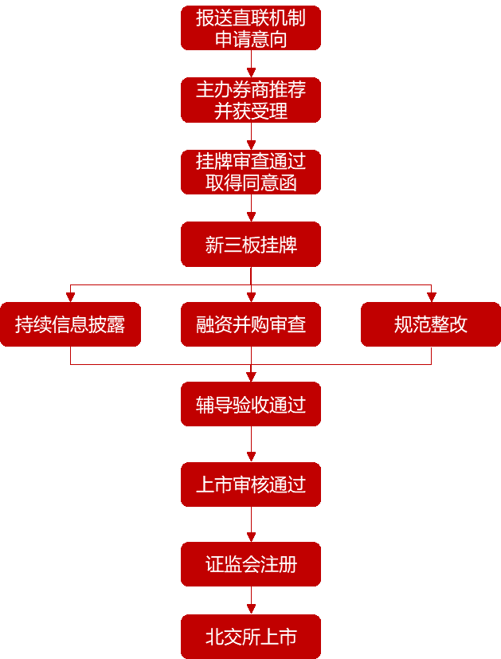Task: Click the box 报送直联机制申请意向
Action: [251, 28]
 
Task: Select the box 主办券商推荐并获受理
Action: [251, 100]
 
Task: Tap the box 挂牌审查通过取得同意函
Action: [251, 172]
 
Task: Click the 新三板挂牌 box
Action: [251, 244]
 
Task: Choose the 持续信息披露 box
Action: [70, 324]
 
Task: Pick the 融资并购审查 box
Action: [251, 324]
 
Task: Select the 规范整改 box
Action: [431, 324]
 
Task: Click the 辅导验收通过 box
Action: [251, 404]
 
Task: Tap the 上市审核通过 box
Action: [251, 484]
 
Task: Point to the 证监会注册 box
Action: [251, 564]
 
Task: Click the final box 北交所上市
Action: [251, 637]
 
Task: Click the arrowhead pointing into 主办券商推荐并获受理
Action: [251, 73]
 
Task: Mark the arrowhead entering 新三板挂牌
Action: [251, 217]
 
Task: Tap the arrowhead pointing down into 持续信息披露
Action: [70, 297]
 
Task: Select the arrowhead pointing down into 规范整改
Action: [431, 297]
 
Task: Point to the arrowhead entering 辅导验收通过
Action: [251, 377]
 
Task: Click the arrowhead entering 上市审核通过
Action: [251, 457]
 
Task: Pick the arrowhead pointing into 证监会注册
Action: [251, 537]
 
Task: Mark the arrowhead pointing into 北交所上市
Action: [251, 610]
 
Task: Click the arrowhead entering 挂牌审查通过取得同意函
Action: [251, 145]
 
